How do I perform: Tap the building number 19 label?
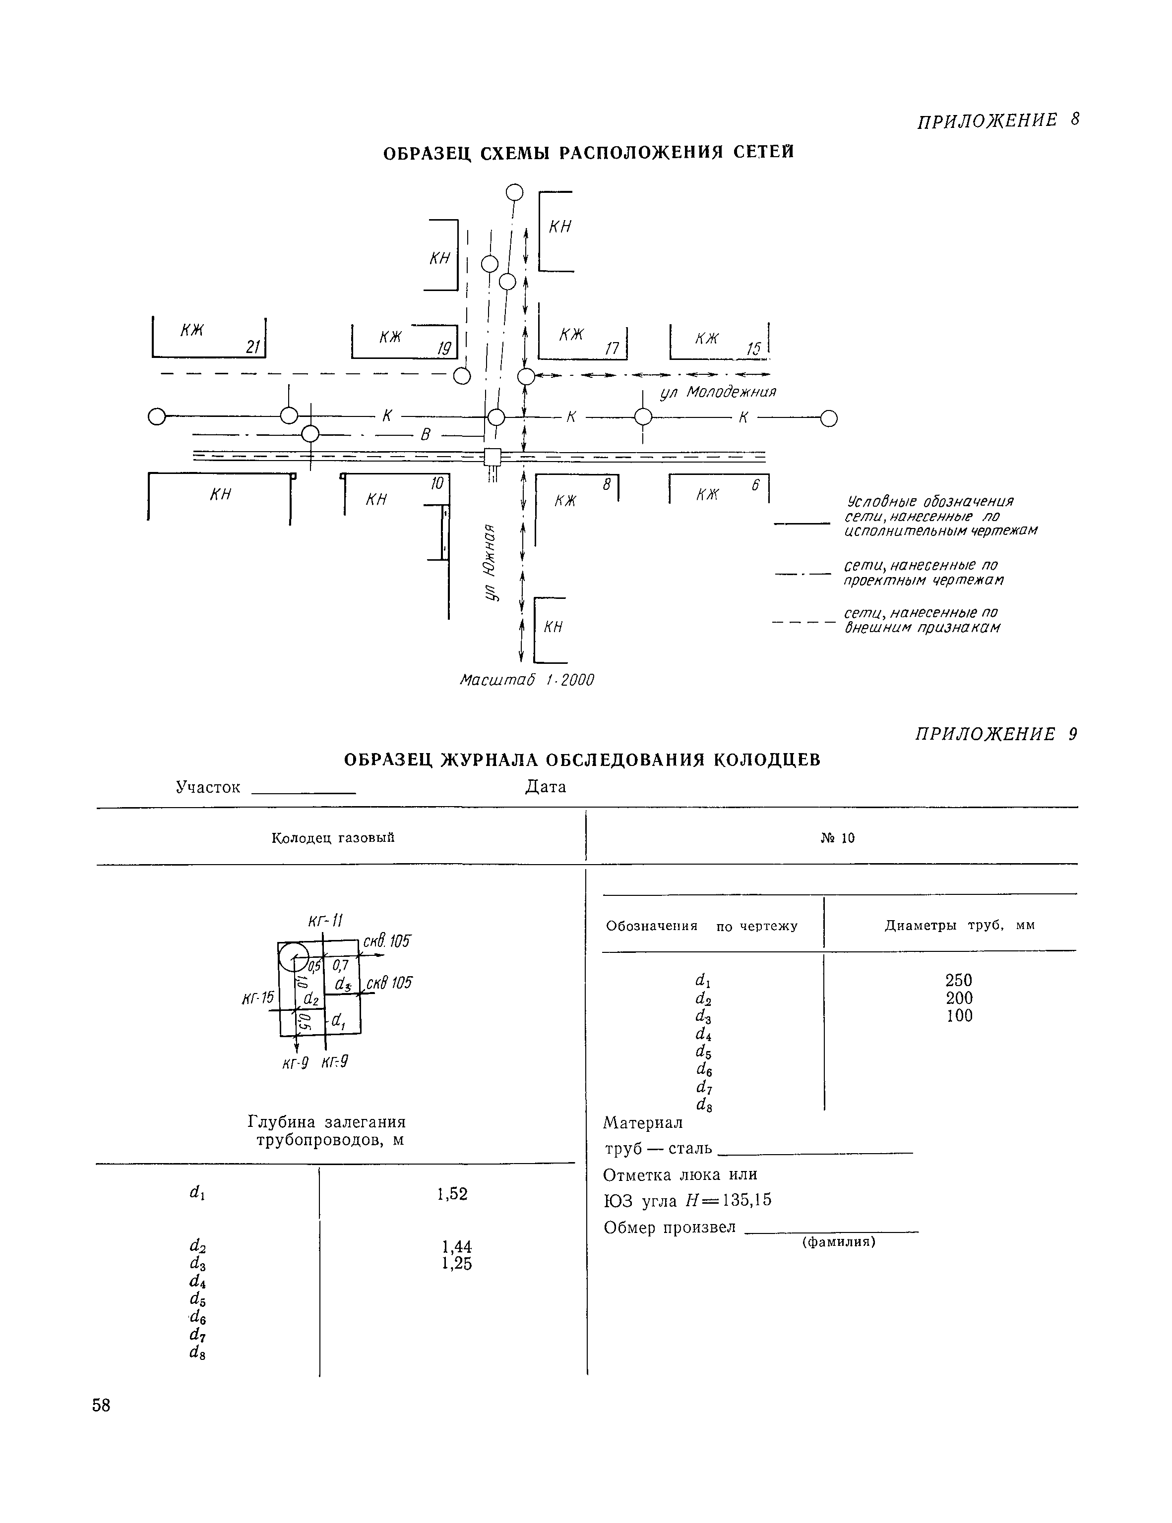click(444, 348)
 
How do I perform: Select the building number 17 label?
click(612, 348)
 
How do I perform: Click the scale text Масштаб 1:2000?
click(527, 680)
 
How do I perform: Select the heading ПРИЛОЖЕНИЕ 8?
click(997, 120)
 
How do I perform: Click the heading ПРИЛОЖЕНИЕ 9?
click(996, 734)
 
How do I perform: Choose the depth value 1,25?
click(457, 1264)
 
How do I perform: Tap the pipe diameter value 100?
click(959, 1016)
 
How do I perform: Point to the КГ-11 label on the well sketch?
click(325, 921)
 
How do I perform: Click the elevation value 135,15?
click(746, 1200)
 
